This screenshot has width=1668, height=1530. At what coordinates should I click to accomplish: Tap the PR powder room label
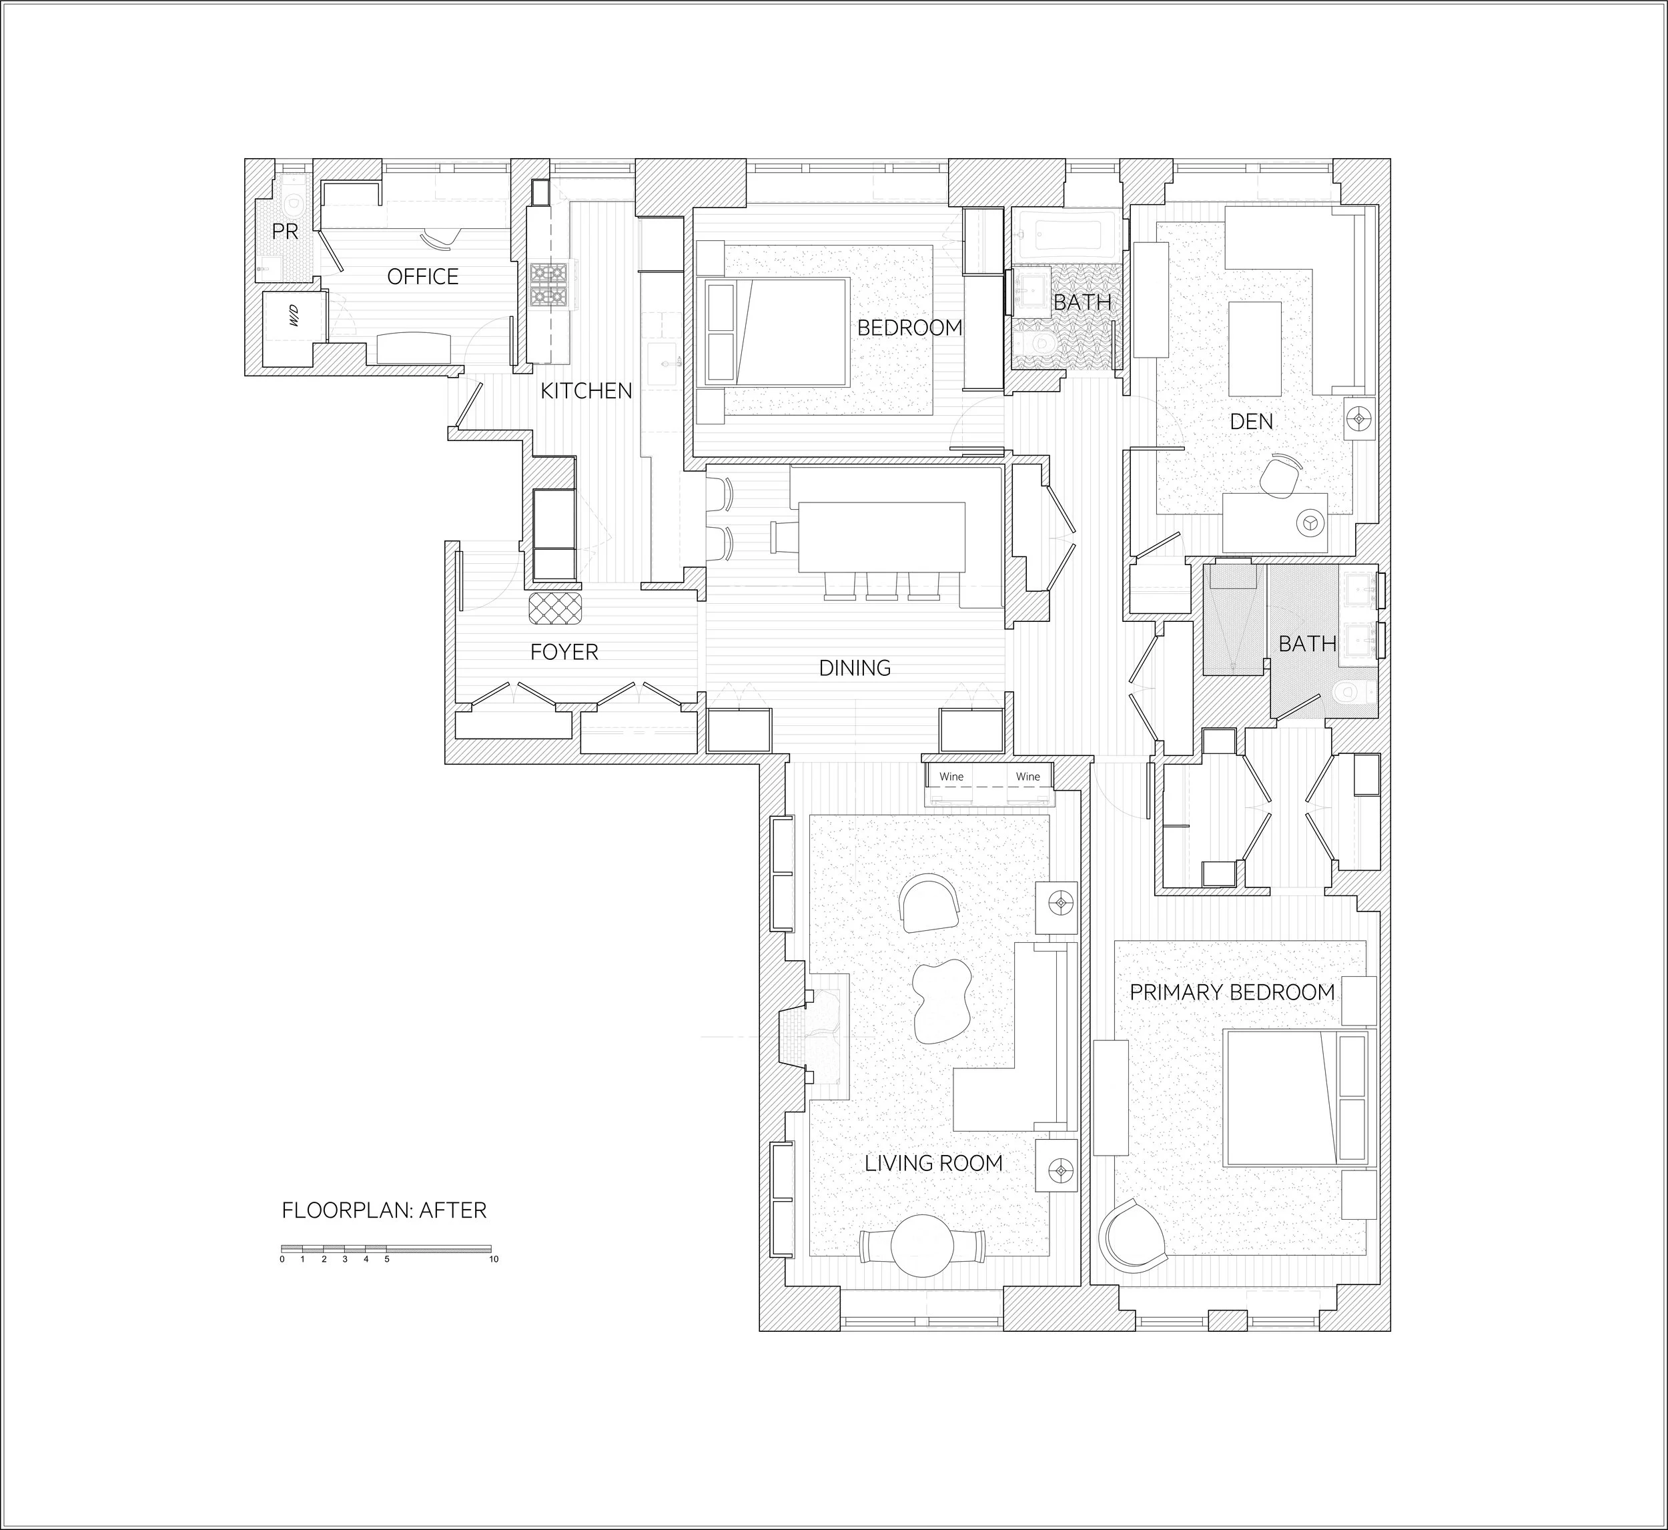click(285, 232)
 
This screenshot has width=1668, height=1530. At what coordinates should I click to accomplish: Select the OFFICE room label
click(423, 276)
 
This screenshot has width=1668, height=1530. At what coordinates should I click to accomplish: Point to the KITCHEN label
click(586, 391)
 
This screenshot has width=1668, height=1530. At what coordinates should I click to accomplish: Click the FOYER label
click(564, 653)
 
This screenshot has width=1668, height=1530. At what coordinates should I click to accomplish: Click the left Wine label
click(951, 777)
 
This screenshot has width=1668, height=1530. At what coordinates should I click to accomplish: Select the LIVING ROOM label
click(934, 1163)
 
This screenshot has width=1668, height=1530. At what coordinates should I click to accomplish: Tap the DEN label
click(1251, 422)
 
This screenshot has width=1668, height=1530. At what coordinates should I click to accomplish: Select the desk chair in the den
click(1280, 475)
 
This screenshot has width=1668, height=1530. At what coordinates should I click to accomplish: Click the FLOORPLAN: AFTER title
click(384, 1210)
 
